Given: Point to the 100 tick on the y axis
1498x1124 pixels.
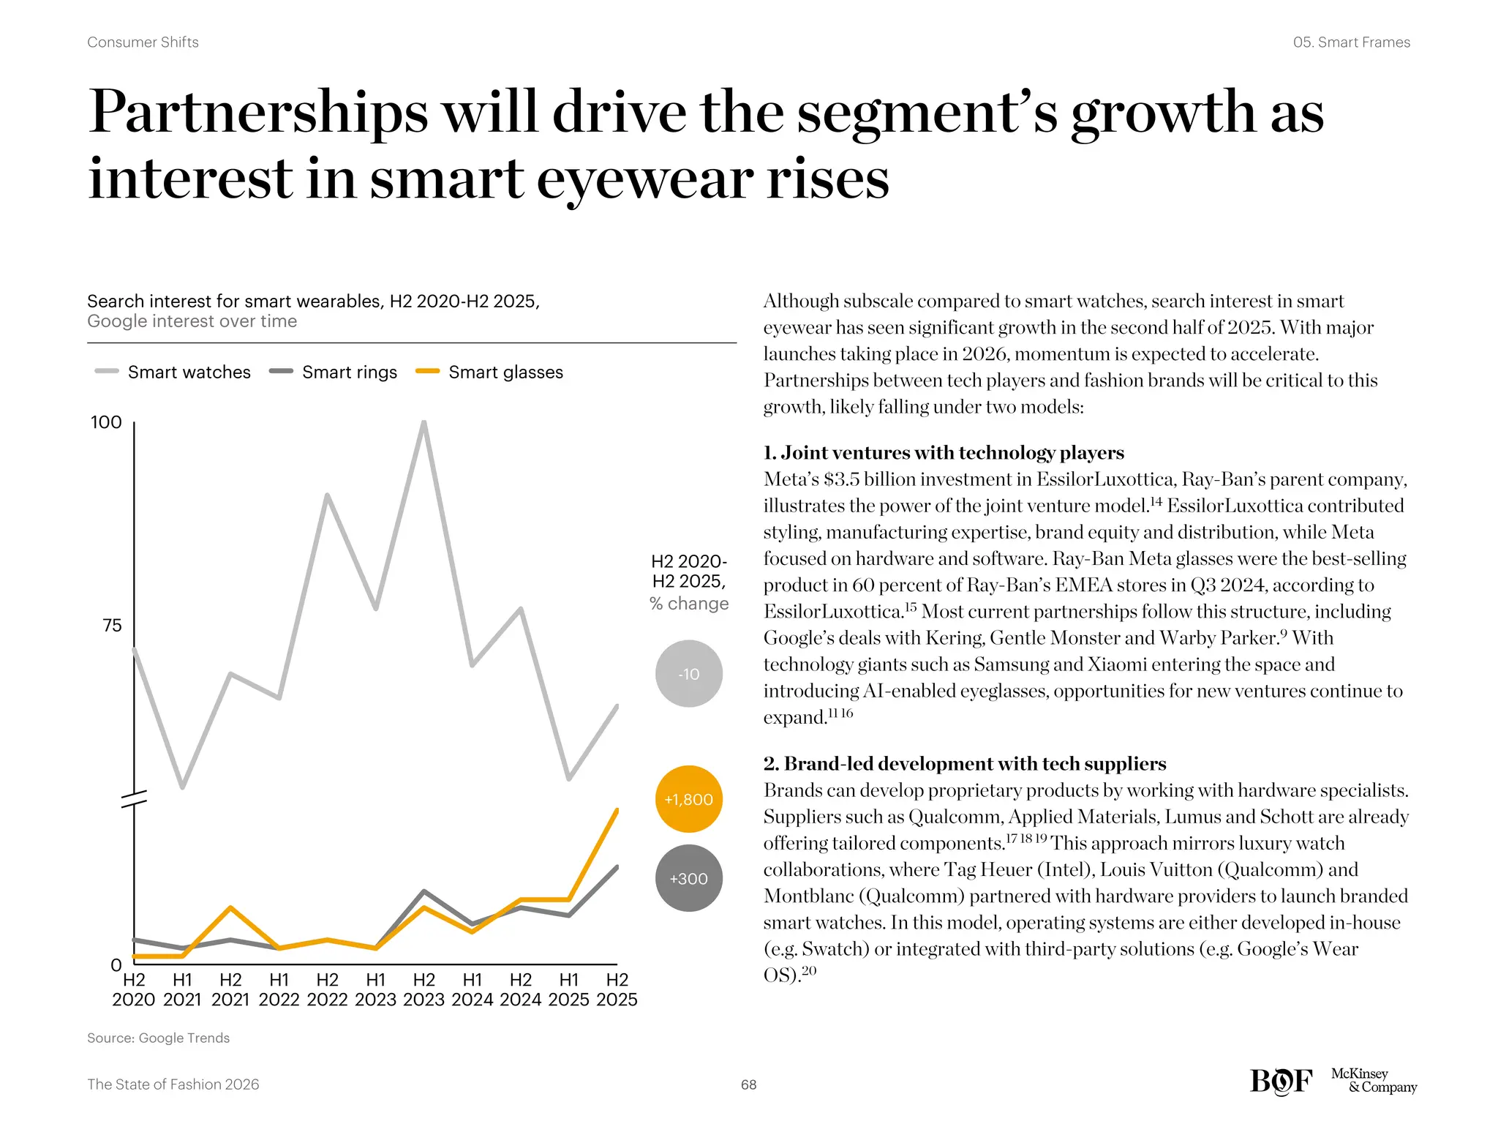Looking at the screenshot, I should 106,422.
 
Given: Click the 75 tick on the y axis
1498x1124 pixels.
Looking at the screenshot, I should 112,626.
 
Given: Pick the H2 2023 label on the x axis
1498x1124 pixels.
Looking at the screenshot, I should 424,989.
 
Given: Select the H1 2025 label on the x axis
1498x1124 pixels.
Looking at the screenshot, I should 568,989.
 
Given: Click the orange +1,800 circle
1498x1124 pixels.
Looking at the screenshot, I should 688,799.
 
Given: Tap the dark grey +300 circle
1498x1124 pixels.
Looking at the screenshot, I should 688,878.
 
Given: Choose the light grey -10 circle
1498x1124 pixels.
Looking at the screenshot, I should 688,674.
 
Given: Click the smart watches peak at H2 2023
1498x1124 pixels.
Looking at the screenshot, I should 424,423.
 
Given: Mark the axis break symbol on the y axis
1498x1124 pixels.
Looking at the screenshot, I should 134,799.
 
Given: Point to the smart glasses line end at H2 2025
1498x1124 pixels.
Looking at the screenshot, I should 617,810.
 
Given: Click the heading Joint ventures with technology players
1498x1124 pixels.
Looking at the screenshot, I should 944,453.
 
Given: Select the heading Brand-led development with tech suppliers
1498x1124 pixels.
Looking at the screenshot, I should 964,764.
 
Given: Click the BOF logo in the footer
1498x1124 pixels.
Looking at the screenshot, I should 1281,1082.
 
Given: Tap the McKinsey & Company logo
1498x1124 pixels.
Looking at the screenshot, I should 1373,1081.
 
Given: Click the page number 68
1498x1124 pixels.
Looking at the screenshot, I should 748,1084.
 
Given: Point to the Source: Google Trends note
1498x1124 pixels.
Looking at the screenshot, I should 158,1038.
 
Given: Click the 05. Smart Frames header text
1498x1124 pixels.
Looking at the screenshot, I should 1351,42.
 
